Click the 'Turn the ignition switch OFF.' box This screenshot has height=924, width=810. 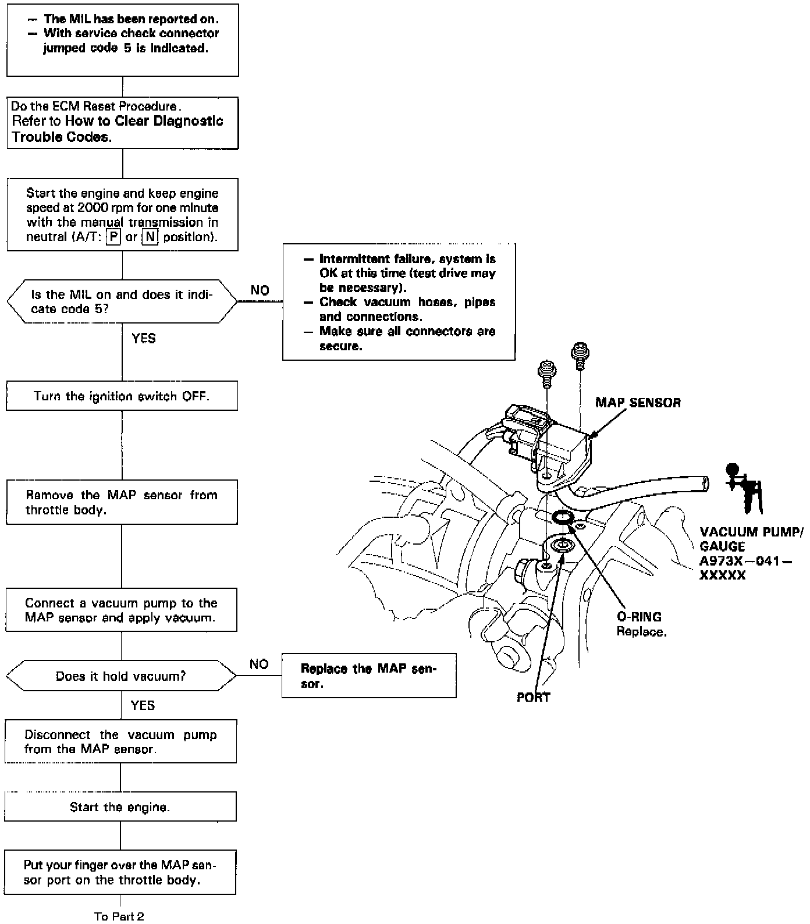[122, 396]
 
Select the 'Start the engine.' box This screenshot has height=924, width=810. [120, 807]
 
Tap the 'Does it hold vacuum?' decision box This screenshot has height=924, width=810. [121, 676]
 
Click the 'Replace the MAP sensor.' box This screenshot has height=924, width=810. [368, 676]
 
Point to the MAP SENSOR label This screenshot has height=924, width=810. [638, 403]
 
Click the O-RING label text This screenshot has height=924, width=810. [639, 617]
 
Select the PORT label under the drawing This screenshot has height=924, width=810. [533, 697]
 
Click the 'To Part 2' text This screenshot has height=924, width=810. [119, 916]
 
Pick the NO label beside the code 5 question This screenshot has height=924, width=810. [260, 290]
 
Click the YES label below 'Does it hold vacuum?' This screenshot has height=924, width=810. [143, 706]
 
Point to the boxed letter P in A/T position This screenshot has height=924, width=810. [113, 237]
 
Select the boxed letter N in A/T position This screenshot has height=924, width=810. [150, 237]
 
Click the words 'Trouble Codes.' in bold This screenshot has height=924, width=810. [61, 137]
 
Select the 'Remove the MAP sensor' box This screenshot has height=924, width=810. [122, 502]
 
